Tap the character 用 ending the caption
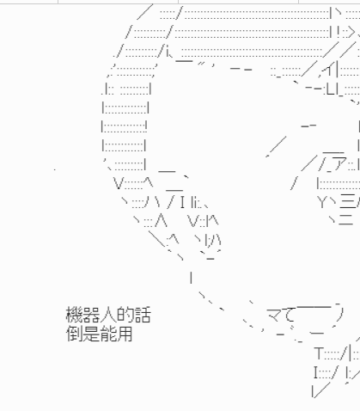(x=125, y=334)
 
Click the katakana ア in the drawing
(x=340, y=163)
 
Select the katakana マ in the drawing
(x=274, y=315)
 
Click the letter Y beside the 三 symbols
(x=322, y=202)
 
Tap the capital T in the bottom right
(x=319, y=353)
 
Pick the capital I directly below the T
(x=316, y=372)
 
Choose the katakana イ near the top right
(x=328, y=70)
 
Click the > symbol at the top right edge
(x=351, y=33)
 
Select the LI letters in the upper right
(x=333, y=89)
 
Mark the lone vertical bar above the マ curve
(x=191, y=277)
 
